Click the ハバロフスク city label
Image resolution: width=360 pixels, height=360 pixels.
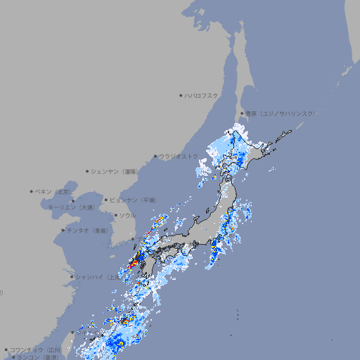click(x=202, y=95)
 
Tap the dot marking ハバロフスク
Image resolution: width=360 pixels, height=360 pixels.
click(x=181, y=95)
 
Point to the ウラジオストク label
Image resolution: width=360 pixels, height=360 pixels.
click(x=179, y=156)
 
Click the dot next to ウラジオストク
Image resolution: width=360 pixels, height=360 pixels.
click(x=155, y=156)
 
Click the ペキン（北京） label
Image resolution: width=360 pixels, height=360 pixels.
click(x=54, y=191)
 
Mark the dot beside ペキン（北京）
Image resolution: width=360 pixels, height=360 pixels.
click(x=32, y=191)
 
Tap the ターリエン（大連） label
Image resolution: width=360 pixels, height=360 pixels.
click(x=71, y=207)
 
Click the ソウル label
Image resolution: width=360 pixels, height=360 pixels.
click(x=127, y=215)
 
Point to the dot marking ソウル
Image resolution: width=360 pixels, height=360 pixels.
click(x=115, y=215)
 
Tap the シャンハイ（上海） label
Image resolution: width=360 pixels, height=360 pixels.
click(x=97, y=277)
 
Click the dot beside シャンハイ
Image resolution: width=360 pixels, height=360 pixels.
click(x=72, y=277)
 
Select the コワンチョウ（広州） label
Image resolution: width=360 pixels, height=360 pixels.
click(x=36, y=349)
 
